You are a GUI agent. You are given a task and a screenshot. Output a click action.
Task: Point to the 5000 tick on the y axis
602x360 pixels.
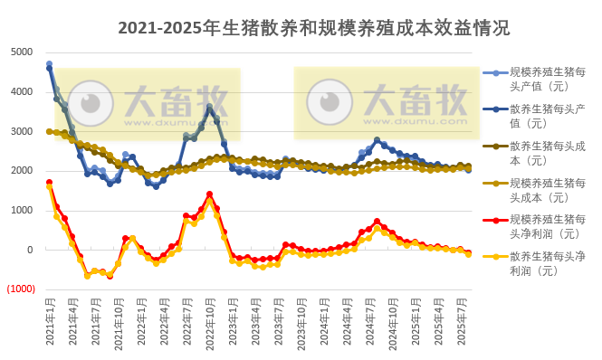[22, 52]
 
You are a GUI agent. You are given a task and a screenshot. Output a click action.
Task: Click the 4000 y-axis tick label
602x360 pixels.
[22, 91]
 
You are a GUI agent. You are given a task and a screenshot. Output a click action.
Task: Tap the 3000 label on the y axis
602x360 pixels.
[22, 131]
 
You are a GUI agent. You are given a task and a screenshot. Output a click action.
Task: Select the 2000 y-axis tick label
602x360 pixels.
[22, 171]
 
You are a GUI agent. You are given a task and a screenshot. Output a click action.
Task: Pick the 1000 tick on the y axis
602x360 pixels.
[22, 211]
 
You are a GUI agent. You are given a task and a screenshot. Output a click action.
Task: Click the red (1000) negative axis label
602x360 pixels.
[20, 289]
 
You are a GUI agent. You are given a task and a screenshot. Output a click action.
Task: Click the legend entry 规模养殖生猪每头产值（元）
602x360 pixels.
[543, 80]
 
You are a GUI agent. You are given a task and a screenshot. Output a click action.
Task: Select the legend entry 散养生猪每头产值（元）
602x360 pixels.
[543, 116]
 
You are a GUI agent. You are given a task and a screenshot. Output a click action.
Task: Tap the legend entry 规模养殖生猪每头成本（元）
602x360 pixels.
[543, 190]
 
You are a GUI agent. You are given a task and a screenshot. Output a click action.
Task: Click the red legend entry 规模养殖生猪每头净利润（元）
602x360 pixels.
[543, 226]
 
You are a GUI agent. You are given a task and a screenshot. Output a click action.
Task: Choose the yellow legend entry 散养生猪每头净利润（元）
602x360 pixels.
[543, 263]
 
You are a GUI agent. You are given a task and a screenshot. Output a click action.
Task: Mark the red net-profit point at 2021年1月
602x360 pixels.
[49, 183]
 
